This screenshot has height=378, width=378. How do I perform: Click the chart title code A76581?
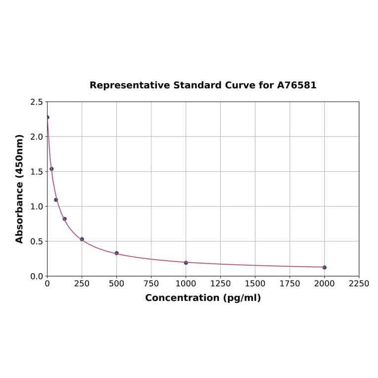click(296, 86)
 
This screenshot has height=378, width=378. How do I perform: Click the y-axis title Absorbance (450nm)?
click(20, 189)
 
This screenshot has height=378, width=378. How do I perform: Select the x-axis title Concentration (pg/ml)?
click(203, 298)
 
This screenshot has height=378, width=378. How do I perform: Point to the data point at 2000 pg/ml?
click(325, 267)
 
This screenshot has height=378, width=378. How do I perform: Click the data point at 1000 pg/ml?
click(186, 263)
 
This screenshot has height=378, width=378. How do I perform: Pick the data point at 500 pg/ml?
click(117, 253)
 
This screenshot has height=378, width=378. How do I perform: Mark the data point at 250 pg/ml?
click(82, 239)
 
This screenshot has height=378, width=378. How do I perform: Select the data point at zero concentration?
click(47, 117)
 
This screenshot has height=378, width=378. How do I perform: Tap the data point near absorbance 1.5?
click(51, 169)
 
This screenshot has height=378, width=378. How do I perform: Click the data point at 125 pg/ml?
click(65, 219)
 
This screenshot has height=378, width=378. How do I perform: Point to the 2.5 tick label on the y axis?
click(37, 102)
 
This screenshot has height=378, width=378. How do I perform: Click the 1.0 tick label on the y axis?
click(37, 206)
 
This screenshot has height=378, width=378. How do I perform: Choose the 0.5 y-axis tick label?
click(37, 241)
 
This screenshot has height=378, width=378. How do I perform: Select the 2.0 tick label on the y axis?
click(37, 137)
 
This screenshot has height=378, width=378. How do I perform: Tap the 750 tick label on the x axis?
click(151, 284)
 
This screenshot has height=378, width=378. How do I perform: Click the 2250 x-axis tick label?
click(359, 284)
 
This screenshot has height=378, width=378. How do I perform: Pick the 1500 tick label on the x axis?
click(255, 284)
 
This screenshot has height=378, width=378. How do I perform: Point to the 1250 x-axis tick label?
click(221, 284)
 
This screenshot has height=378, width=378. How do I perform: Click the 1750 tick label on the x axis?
click(290, 284)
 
